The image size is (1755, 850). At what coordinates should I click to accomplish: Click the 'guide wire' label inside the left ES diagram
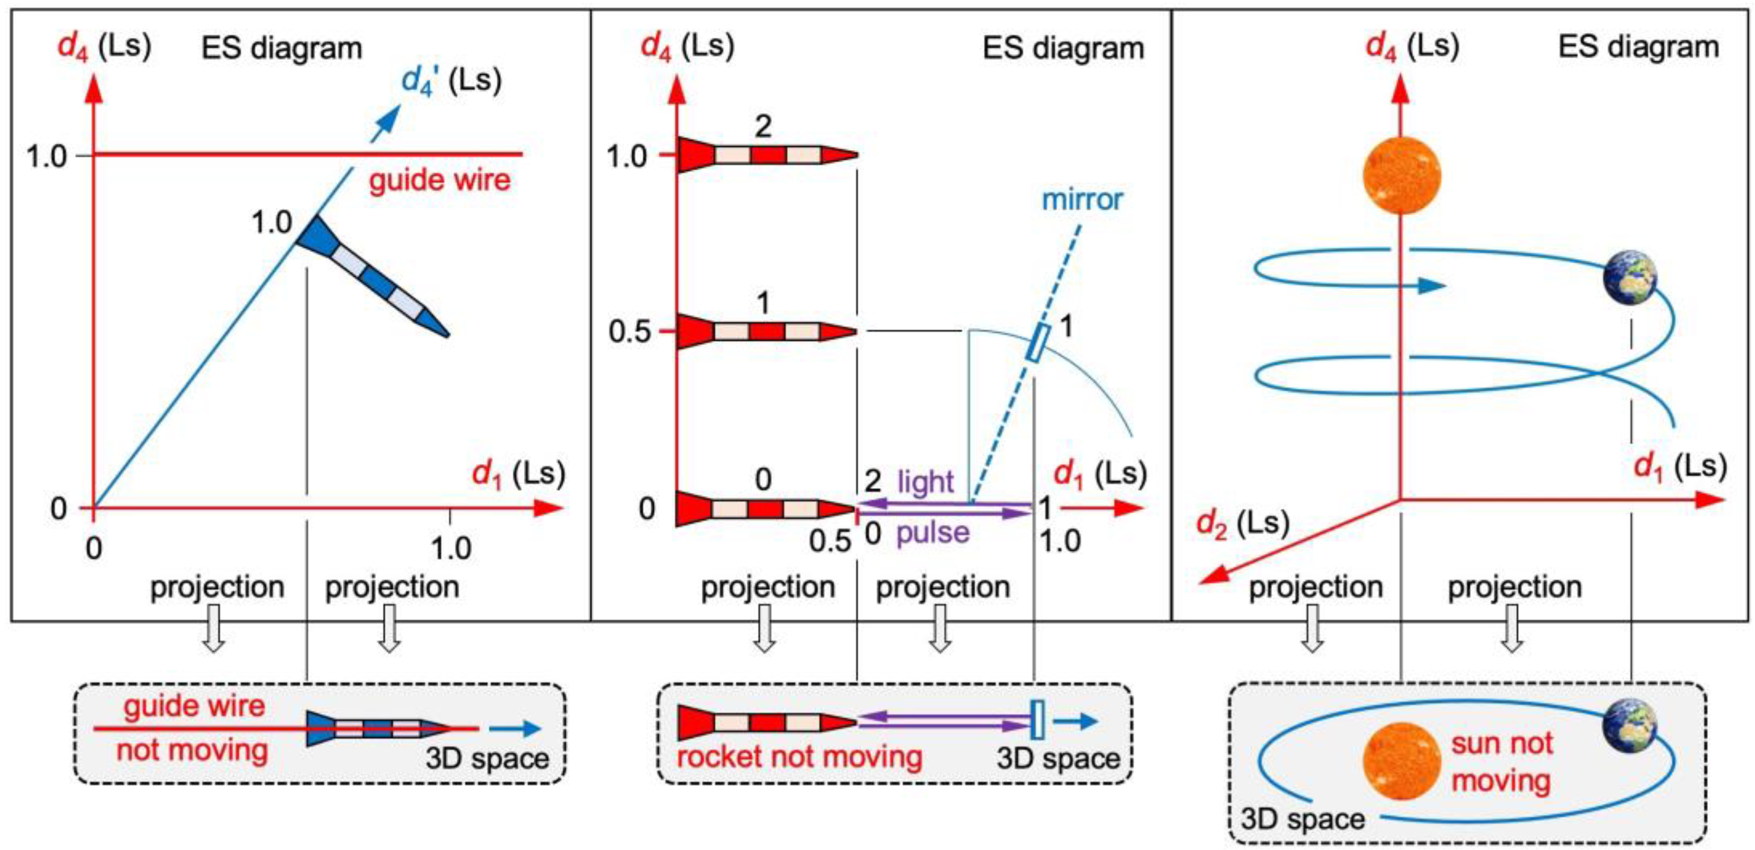click(440, 181)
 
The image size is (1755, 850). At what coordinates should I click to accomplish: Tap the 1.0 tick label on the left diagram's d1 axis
click(451, 548)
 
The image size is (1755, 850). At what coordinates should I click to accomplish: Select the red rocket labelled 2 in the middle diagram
click(766, 155)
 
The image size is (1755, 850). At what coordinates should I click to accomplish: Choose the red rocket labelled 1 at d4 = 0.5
click(766, 332)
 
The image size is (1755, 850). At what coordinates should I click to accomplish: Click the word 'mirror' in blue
click(1082, 200)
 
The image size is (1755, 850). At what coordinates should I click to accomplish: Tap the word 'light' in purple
click(925, 482)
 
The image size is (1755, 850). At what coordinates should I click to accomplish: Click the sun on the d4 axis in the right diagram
click(1401, 175)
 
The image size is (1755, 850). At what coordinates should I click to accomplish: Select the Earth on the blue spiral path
click(1629, 278)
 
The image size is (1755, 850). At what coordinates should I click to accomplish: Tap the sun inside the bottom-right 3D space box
click(1401, 760)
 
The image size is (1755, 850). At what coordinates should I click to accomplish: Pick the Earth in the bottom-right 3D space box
click(1629, 727)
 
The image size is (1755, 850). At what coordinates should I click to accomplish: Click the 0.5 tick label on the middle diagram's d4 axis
click(630, 333)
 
